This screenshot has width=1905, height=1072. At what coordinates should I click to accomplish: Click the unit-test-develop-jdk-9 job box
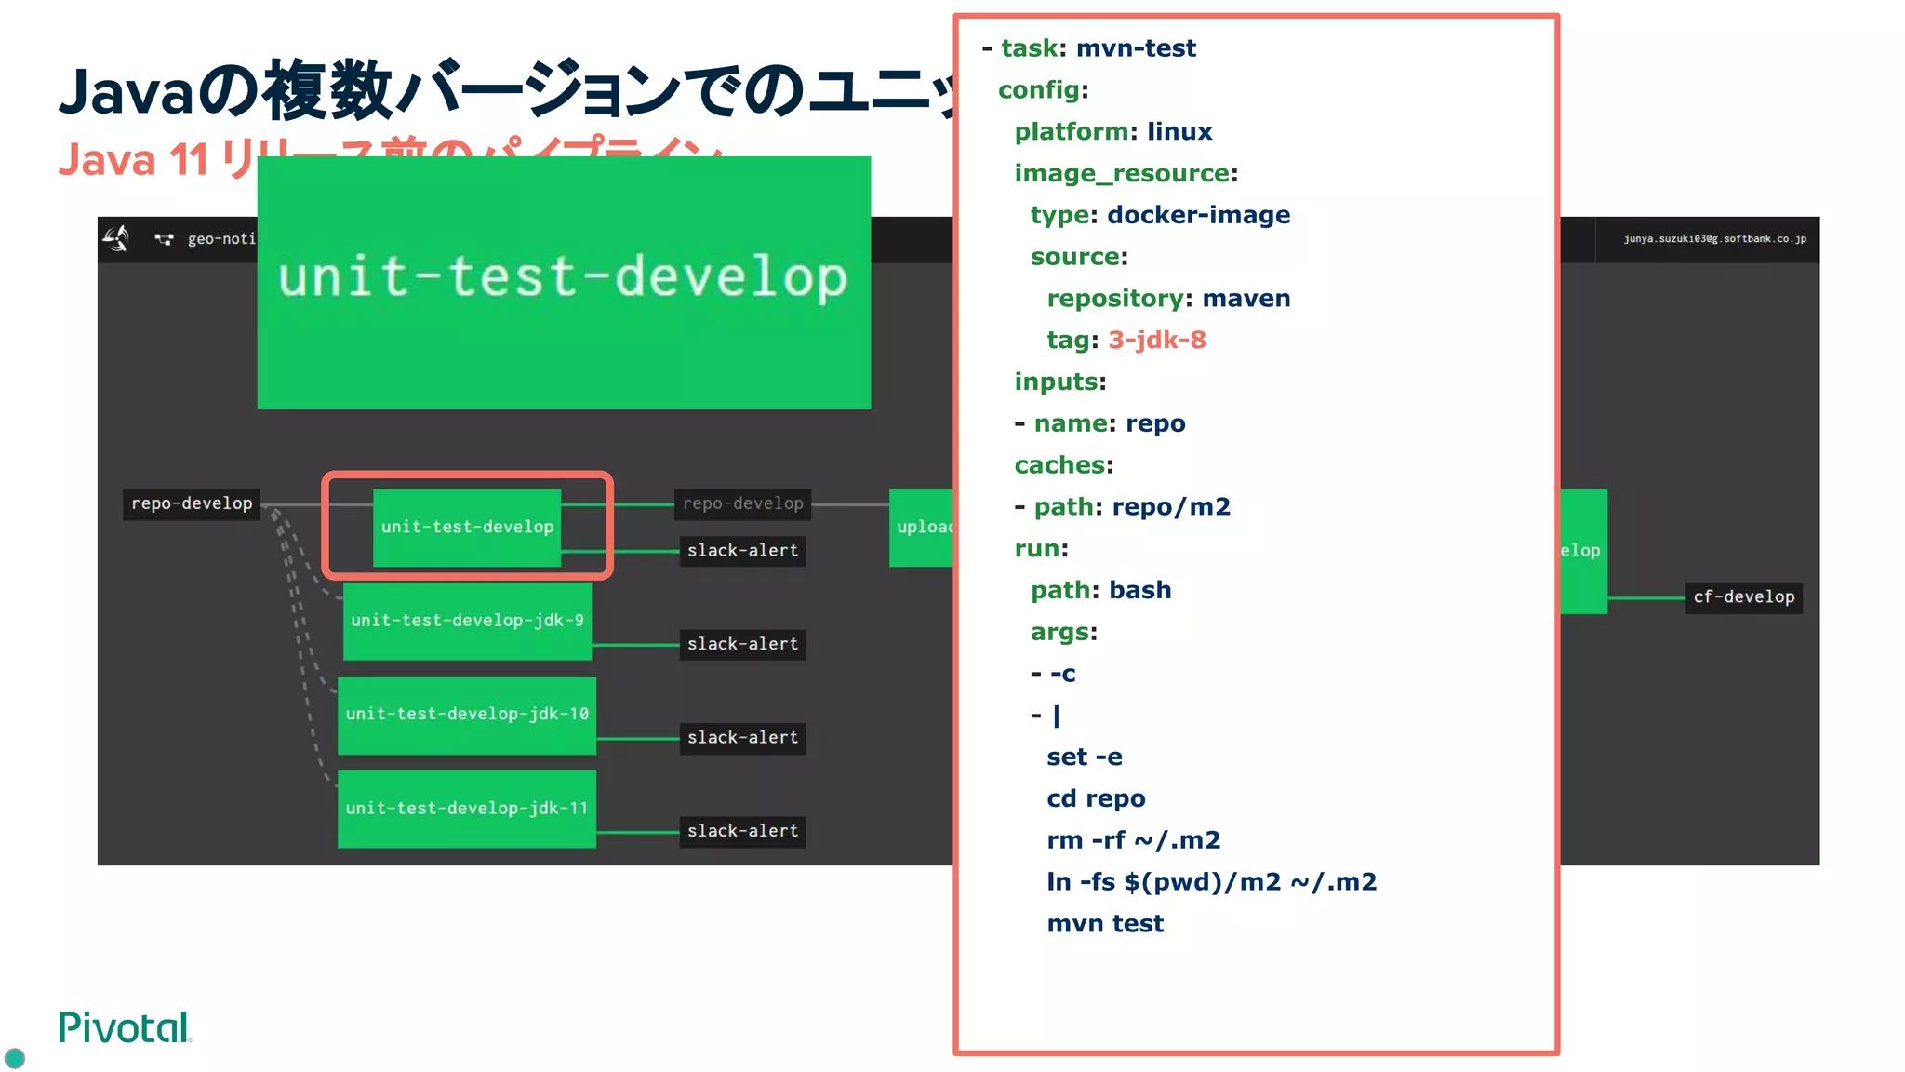[x=467, y=621]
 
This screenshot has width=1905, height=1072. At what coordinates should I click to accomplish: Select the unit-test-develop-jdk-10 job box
[x=467, y=715]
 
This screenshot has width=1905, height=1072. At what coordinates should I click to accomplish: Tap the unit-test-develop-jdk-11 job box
[x=467, y=809]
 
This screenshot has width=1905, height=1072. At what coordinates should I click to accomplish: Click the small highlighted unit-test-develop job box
[x=467, y=528]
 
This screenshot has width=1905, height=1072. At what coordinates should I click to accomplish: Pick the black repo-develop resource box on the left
[x=192, y=503]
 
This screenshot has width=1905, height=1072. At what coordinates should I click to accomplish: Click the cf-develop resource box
[x=1743, y=596]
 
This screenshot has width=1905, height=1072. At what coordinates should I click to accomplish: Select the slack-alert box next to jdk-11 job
[x=742, y=831]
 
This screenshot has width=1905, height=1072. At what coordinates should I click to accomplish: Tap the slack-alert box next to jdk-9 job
[x=742, y=644]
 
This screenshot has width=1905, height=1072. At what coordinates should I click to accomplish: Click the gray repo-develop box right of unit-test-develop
[x=742, y=503]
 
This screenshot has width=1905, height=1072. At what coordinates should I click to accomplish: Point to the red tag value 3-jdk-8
[x=1156, y=340]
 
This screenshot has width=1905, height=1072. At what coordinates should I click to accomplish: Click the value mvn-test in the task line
[x=1136, y=48]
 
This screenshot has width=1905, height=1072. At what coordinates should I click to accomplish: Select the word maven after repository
[x=1246, y=299]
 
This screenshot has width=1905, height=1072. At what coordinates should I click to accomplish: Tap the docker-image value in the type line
[x=1198, y=215]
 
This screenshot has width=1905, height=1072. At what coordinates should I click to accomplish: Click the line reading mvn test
[x=1105, y=924]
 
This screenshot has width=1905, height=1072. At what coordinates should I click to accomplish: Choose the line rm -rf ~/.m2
[x=1133, y=840]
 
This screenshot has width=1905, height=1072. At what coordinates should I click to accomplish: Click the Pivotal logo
[x=125, y=1028]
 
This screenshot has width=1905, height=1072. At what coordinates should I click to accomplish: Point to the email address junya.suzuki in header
[x=1714, y=239]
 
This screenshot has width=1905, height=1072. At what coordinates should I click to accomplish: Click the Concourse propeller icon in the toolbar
[x=116, y=238]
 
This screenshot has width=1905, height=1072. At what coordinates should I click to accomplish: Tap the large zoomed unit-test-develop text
[x=563, y=277]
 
